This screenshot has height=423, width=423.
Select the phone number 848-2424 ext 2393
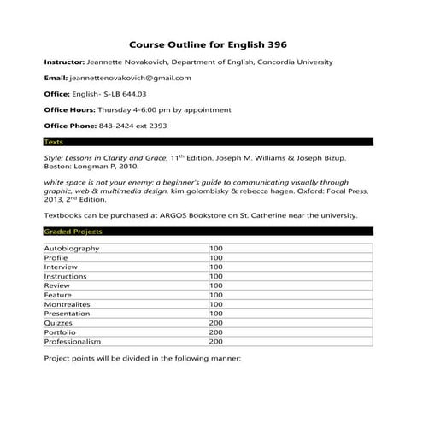pos(129,126)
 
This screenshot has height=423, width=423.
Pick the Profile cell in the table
pos(56,257)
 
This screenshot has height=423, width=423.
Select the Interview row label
pos(60,267)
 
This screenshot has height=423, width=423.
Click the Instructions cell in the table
pos(67,276)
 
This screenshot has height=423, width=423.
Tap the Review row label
pos(56,285)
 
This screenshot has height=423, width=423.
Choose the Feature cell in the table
pos(58,295)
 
